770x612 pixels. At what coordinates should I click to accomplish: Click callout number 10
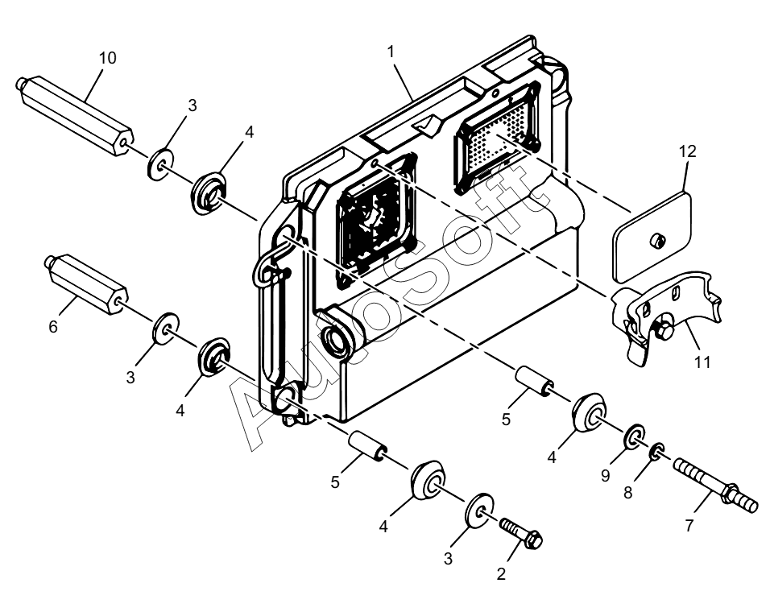108,58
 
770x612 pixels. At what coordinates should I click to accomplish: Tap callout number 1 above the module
391,52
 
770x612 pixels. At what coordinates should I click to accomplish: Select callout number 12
688,151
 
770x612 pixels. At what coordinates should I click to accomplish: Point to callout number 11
702,362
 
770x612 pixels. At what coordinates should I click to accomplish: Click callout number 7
689,526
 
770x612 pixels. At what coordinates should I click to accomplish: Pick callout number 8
627,492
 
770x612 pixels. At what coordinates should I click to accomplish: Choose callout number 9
605,475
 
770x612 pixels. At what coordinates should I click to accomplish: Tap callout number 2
501,573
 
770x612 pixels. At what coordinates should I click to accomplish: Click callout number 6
53,326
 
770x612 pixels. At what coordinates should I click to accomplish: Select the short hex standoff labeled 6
86,284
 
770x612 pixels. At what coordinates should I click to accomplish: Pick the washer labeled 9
635,436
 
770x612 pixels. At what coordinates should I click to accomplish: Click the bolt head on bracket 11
663,329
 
